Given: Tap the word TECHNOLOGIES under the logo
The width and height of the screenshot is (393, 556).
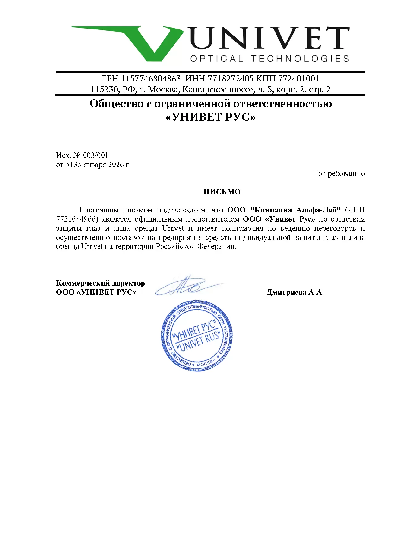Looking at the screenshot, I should pyautogui.click(x=300, y=59).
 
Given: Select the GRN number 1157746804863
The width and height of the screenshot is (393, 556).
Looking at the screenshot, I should pyautogui.click(x=150, y=79).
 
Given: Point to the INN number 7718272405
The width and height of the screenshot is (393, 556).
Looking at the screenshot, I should pyautogui.click(x=231, y=79).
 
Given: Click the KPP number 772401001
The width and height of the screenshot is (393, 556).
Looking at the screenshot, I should pyautogui.click(x=299, y=79).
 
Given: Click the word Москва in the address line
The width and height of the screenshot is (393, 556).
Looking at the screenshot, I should pyautogui.click(x=163, y=89).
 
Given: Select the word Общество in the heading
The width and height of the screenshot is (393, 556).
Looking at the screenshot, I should pyautogui.click(x=116, y=104).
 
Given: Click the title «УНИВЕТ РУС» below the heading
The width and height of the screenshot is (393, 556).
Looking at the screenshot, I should pyautogui.click(x=211, y=117).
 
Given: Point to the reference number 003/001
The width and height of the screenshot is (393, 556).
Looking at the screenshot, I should pyautogui.click(x=95, y=155).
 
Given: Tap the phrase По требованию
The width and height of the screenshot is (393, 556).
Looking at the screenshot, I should pyautogui.click(x=339, y=173).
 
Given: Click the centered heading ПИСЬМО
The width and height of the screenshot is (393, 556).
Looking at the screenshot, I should pyautogui.click(x=222, y=192).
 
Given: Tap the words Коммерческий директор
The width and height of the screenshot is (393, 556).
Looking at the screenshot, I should pyautogui.click(x=100, y=283).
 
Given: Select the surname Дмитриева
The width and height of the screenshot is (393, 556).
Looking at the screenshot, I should pyautogui.click(x=286, y=292).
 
